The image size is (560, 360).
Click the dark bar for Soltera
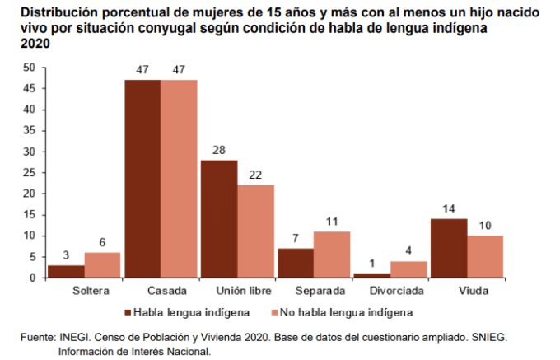coord(66,271)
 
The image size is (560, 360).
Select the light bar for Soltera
coord(102,265)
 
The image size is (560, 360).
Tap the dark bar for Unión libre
coord(219,218)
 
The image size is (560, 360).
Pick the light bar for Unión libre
coord(255,231)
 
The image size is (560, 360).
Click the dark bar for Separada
coord(296,263)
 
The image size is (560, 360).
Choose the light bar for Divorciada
coord(408,269)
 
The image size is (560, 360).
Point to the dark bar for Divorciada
coord(372,275)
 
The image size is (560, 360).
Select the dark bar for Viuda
coord(449,248)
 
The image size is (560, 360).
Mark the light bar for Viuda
coord(485,256)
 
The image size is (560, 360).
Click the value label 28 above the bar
coord(219,151)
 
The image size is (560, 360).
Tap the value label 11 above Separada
coord(332,222)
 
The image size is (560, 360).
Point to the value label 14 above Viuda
coord(449,209)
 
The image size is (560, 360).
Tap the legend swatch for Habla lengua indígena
coord(128,313)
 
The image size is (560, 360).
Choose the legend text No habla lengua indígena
coord(347,313)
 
